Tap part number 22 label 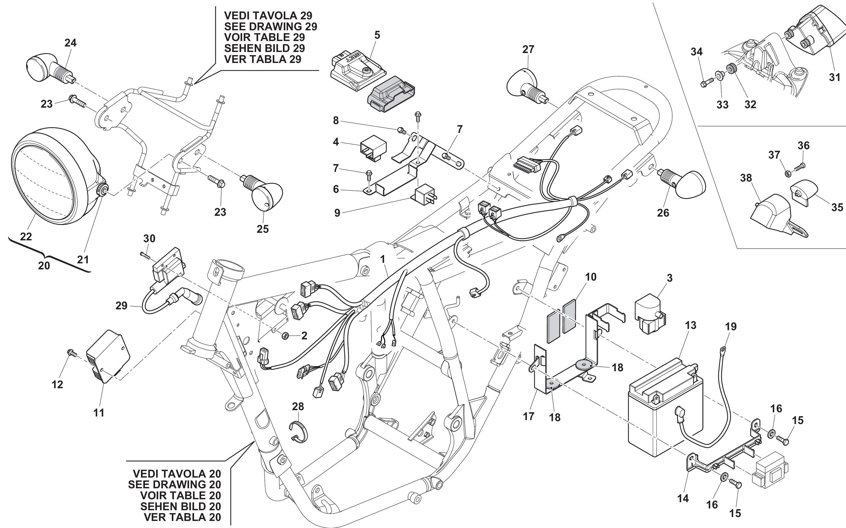(26, 237)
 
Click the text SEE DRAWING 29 (270, 27)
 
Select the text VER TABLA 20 (183, 517)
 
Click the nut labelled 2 (285, 336)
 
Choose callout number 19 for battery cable (731, 327)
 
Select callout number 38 (746, 178)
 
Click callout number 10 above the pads (591, 277)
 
